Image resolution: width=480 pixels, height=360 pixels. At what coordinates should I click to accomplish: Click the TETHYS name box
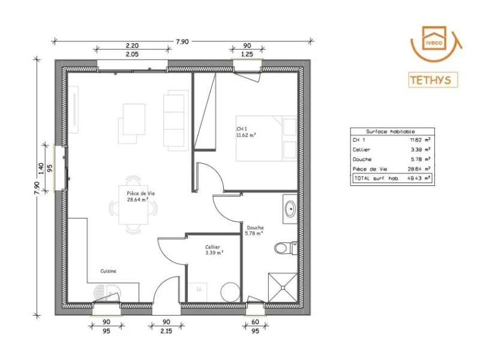point(433,80)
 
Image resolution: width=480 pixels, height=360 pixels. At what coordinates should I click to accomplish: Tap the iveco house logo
point(436,43)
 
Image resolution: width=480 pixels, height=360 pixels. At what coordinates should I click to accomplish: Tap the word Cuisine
point(109,271)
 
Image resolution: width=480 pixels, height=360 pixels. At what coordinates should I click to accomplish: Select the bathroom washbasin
point(290,209)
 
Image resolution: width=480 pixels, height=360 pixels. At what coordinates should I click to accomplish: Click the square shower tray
point(283,287)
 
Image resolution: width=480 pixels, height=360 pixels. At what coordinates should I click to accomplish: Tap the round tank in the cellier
point(230,292)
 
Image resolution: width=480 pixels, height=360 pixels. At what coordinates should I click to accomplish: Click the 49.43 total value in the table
point(415,178)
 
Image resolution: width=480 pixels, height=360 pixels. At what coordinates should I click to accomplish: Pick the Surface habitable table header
point(391,131)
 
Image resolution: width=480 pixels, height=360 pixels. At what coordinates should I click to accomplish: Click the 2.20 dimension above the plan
point(132,46)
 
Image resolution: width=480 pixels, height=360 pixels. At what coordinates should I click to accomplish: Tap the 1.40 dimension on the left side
point(41,169)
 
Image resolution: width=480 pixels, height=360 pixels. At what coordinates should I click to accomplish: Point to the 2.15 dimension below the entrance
point(166,331)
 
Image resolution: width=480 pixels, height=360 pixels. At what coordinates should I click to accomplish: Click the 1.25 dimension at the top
point(247,54)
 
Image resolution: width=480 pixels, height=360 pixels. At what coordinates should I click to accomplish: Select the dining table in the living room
point(133,205)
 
